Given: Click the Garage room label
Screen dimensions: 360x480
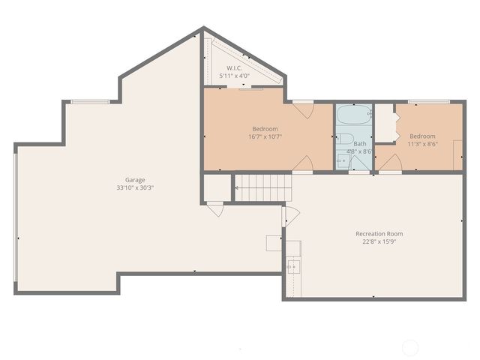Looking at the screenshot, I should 135,180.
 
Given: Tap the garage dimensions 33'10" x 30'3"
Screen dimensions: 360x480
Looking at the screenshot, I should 135,188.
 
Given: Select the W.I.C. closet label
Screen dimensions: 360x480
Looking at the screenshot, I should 235,67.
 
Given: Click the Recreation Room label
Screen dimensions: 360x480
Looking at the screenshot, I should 379,233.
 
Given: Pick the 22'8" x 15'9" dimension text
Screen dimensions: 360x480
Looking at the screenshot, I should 379,241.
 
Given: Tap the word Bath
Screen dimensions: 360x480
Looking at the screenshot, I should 360,143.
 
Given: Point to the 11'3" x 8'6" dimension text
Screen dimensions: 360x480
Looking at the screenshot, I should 421,144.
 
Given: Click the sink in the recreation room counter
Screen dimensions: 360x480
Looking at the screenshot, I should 292,266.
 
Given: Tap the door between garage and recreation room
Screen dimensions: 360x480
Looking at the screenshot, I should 289,218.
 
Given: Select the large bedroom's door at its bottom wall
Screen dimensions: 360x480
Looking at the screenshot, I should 303,164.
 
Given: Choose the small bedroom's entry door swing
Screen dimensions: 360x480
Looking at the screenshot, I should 392,164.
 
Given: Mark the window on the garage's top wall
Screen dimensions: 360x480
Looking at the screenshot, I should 89,101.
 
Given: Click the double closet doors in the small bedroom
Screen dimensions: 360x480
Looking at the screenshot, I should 385,124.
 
